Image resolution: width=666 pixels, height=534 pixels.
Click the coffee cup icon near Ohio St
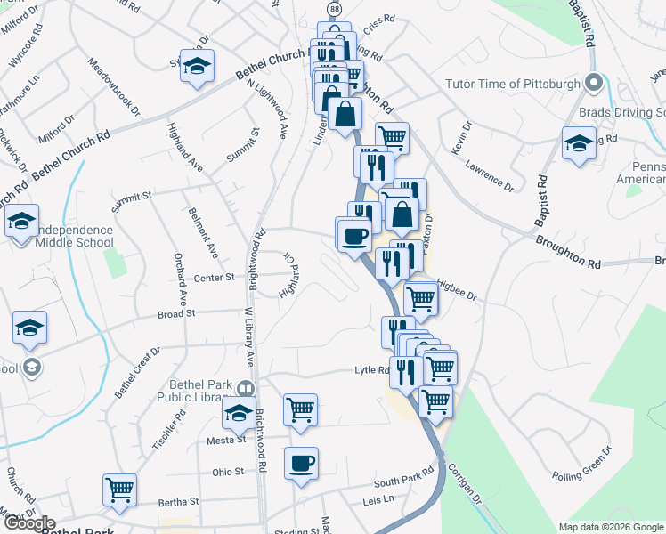pos(301,463)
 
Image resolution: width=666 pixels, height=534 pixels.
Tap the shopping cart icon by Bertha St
pos(119,489)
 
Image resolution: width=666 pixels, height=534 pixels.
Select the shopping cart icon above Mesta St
pos(301,409)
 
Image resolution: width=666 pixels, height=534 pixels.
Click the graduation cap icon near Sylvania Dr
pos(197,66)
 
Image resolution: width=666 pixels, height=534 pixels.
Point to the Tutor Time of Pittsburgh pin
pos(595,84)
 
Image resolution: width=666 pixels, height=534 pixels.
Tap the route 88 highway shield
pos(334,8)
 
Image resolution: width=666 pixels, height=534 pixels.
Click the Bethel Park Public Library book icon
pos(245,389)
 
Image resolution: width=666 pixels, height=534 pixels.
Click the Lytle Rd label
pos(371,370)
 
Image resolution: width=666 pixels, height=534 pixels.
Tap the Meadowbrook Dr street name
pos(114,87)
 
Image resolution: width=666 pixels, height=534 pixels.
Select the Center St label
pos(214,277)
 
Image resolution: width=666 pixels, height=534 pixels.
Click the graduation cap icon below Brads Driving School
pos(579,145)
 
